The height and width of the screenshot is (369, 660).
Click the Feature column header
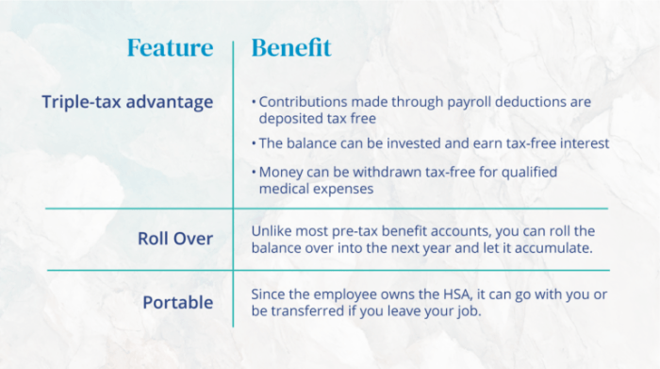pos(170,48)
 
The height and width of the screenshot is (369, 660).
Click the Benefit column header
pos(291,48)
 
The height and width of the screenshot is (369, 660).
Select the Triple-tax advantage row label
pos(127,102)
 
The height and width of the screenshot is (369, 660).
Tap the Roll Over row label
pos(175,239)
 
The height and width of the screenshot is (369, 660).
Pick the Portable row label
pos(178,303)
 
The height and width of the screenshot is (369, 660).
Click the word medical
pos(288,190)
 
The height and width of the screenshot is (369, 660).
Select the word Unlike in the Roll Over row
pos(273,231)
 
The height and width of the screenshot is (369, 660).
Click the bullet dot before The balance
pos(254,144)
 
